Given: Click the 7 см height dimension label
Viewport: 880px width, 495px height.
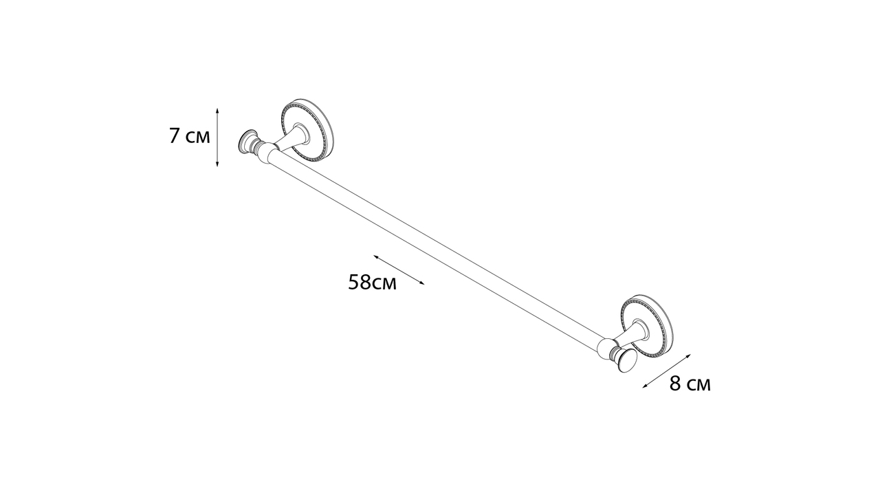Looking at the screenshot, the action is [190, 136].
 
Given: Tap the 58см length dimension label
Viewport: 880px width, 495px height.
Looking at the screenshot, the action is [372, 282].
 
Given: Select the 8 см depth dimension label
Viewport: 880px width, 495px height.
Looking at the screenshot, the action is [690, 383].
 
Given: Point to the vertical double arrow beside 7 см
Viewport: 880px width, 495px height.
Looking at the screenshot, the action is [217, 137].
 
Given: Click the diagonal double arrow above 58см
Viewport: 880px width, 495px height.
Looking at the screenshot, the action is [399, 269].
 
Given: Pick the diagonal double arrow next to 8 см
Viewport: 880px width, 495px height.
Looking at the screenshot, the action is [667, 371].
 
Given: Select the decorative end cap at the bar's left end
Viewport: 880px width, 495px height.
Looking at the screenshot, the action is [247, 141].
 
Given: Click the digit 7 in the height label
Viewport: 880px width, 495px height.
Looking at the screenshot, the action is [175, 136].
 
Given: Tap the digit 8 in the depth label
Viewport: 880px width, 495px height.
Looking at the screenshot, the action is [675, 383].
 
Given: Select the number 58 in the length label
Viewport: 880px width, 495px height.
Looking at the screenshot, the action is [360, 282].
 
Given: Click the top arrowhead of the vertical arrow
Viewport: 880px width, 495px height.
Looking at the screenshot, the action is [217, 111].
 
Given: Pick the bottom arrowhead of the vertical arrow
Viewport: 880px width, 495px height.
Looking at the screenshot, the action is [217, 164].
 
